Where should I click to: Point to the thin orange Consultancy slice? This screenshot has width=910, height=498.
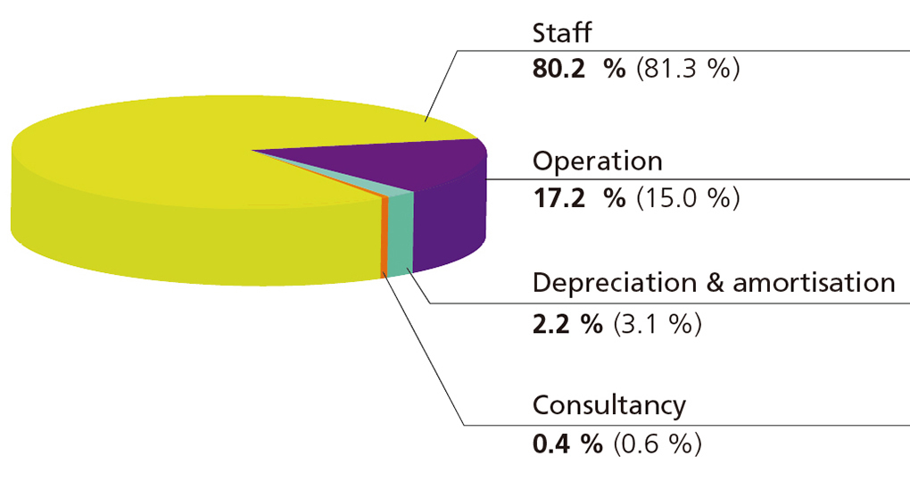point(385,237)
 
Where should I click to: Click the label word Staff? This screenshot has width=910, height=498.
point(562,34)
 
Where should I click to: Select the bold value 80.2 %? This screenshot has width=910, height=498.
point(579,70)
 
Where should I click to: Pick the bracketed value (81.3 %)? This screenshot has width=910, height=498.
point(688,70)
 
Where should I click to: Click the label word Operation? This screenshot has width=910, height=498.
point(597,162)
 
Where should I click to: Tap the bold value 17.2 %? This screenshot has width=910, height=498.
point(579,197)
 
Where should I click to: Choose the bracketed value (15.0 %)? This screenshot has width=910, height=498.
point(688,197)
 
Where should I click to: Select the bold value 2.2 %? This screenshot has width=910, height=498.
point(567,321)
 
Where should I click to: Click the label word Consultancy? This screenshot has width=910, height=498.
point(609,405)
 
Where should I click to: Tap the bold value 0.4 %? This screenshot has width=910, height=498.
point(567,443)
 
